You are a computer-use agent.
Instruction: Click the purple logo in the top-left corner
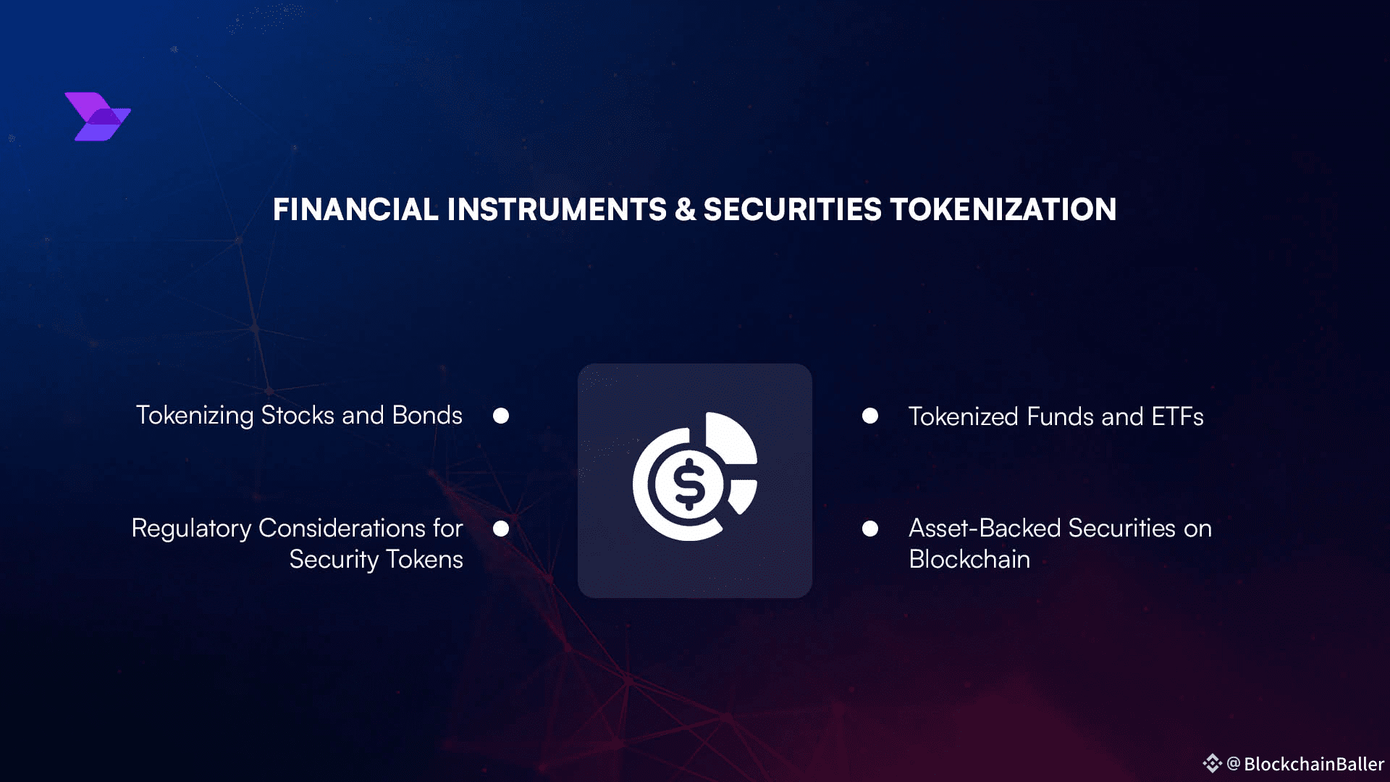[98, 117]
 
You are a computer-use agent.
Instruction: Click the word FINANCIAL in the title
[355, 210]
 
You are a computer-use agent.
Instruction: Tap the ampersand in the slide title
[685, 210]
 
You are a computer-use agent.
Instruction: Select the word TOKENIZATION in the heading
[1003, 210]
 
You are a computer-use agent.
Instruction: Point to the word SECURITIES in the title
[793, 210]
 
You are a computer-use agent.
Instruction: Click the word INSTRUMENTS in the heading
[557, 210]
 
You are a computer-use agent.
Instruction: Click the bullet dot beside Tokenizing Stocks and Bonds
[501, 416]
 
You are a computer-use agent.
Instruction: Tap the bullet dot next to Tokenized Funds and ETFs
[870, 416]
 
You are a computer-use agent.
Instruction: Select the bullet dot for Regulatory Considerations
[501, 529]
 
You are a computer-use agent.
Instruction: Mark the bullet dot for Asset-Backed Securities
[870, 529]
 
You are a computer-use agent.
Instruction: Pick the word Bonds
[427, 416]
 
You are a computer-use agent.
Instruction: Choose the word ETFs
[1177, 417]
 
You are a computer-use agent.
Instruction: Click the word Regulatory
[192, 529]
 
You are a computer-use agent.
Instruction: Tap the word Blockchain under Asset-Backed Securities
[969, 560]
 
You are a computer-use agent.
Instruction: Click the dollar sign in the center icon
[688, 484]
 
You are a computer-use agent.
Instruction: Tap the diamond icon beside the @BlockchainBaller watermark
[1213, 763]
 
